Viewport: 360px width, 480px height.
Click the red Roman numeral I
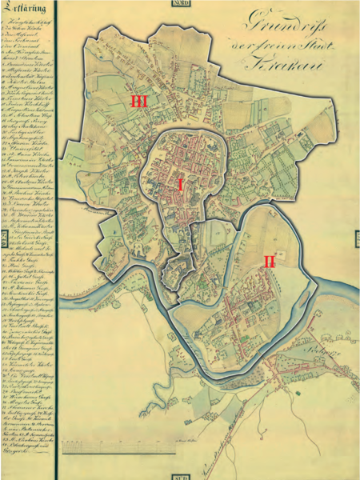pyautogui.click(x=202, y=185)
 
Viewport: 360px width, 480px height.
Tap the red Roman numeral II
pyautogui.click(x=269, y=262)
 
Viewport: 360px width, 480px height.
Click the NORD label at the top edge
pyautogui.click(x=180, y=3)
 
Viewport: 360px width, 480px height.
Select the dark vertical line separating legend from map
pyautogui.click(x=57, y=240)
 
